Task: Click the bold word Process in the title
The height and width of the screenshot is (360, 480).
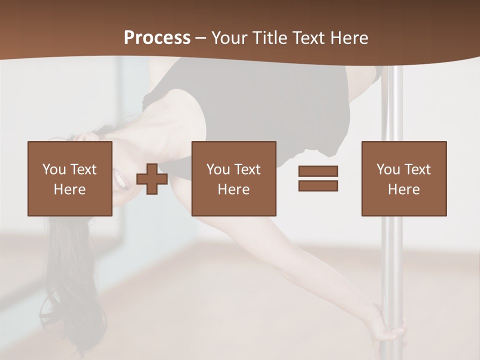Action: [x=157, y=38]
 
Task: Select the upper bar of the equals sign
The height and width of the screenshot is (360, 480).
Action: [x=318, y=171]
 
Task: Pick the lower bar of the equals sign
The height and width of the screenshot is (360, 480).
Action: [x=318, y=186]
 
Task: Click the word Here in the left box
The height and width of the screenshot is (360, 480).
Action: [x=69, y=189]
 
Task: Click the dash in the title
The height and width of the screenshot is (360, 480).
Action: [x=200, y=38]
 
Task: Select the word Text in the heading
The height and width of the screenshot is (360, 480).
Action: [x=306, y=38]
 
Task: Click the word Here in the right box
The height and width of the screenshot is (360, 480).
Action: [x=403, y=189]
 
